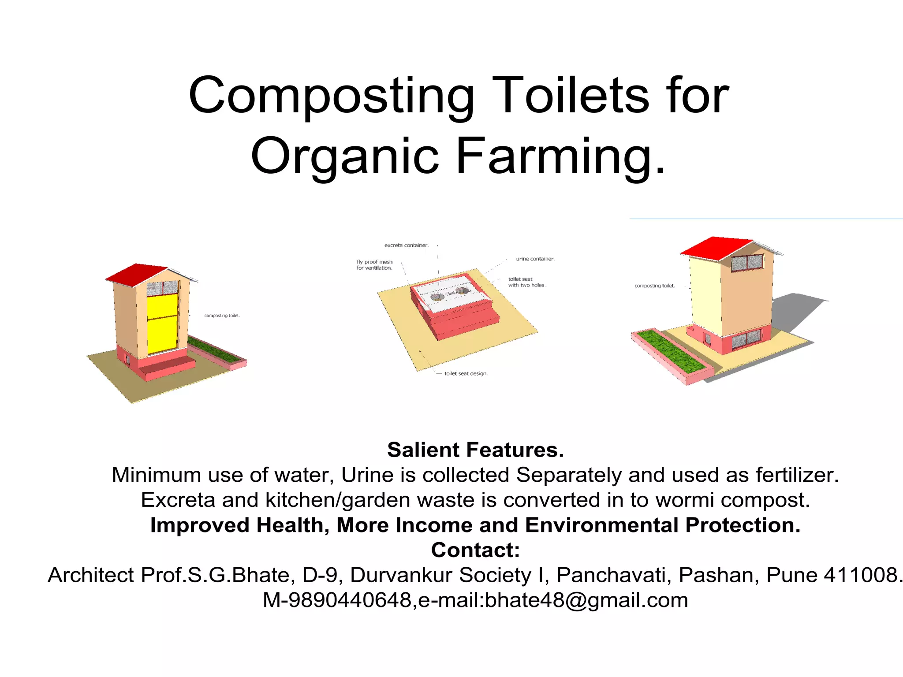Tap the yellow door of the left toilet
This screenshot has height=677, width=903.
point(162,324)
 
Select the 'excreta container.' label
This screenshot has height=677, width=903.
point(406,246)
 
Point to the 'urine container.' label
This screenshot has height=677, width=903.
point(535,259)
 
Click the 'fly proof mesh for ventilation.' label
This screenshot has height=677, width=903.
point(374,265)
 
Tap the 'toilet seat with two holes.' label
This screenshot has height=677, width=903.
point(526,282)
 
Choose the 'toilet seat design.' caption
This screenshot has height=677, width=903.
point(465,374)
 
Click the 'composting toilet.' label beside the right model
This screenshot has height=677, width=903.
point(654,286)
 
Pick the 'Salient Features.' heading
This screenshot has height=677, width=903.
point(475,450)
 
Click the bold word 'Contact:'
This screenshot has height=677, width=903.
point(475,550)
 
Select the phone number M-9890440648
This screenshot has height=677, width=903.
point(337,600)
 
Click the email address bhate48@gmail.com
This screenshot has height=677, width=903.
point(586,600)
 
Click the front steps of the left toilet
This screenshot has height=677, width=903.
point(170,368)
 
